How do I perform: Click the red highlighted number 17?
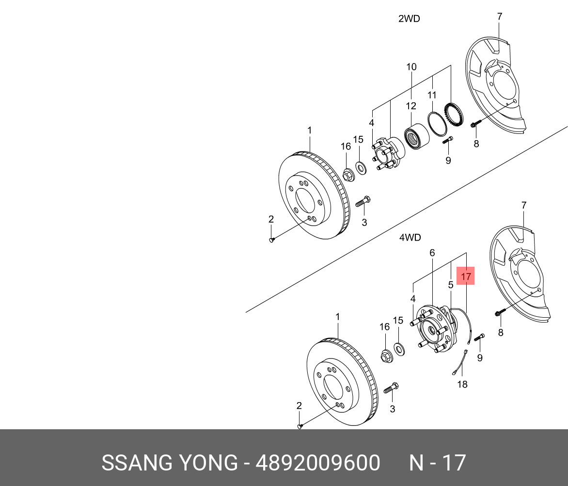[x=466, y=276]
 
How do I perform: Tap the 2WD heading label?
[x=409, y=19]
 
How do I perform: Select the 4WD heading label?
[x=410, y=238]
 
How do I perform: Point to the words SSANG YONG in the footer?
[x=169, y=463]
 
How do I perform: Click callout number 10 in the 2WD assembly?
[x=411, y=67]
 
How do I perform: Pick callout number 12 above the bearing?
[x=411, y=106]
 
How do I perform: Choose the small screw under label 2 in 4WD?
[x=300, y=426]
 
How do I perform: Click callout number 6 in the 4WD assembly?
[x=432, y=253]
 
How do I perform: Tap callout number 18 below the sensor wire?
[x=462, y=384]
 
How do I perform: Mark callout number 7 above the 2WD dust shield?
[x=500, y=16]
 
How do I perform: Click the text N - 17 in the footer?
[x=437, y=463]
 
